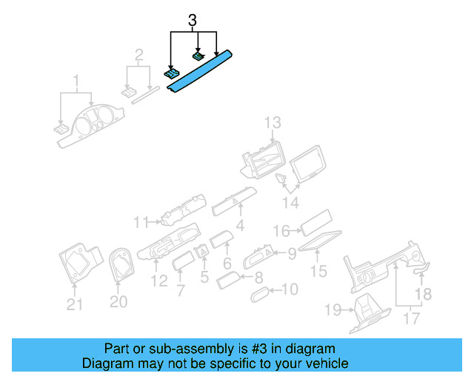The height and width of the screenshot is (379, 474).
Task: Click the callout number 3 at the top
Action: pos(193,21)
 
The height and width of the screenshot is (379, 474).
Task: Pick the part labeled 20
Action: pos(118,263)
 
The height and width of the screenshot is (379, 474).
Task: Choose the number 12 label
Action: pos(158,281)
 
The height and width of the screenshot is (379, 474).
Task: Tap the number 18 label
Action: pos(421,295)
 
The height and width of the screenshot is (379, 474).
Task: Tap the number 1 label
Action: pos(75,80)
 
